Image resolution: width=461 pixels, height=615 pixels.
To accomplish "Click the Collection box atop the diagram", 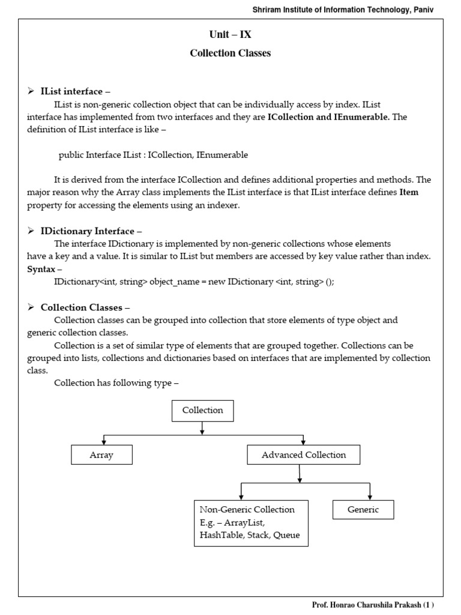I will [203, 411].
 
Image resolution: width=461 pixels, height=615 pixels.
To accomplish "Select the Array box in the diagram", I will [101, 455].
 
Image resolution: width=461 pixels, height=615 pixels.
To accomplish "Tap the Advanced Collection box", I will [304, 455].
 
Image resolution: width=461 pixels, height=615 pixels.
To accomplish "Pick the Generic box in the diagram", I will [363, 510].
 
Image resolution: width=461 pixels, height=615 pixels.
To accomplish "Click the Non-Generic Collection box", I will [251, 523].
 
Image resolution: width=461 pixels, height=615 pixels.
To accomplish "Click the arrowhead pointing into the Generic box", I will [370, 497].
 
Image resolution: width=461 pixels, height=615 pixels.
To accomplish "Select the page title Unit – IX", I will [230, 35].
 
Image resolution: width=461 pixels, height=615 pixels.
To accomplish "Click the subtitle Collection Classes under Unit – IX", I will [230, 53].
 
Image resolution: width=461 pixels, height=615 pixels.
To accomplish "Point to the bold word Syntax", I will [41, 269].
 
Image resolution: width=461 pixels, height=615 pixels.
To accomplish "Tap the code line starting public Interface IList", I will [153, 155].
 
